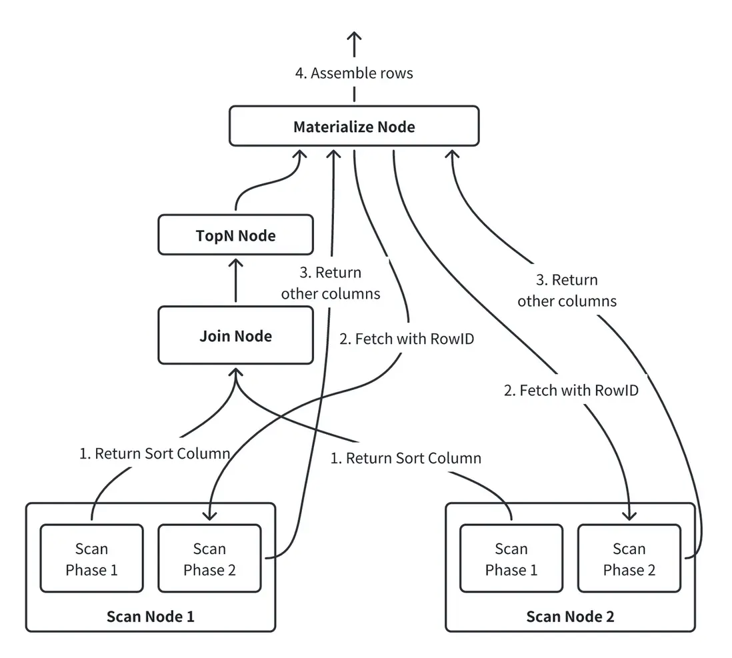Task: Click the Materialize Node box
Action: tap(354, 126)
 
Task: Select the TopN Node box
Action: tap(235, 235)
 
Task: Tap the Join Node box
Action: tap(235, 335)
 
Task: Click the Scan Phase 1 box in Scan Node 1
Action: tap(91, 559)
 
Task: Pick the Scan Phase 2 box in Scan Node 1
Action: tap(209, 559)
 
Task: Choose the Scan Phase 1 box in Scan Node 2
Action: tap(511, 559)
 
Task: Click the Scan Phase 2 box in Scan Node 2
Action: tap(629, 559)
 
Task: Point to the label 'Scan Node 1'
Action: tap(150, 616)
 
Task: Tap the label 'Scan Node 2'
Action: tap(570, 616)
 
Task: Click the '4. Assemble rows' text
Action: tap(354, 73)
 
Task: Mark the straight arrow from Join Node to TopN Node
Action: tap(235, 280)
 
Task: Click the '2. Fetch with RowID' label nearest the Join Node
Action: tap(407, 339)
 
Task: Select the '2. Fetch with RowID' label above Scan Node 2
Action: tap(571, 390)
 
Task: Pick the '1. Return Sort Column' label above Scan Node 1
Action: tap(155, 454)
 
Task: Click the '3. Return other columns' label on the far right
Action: tap(567, 290)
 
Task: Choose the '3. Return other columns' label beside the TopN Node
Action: tap(331, 283)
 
